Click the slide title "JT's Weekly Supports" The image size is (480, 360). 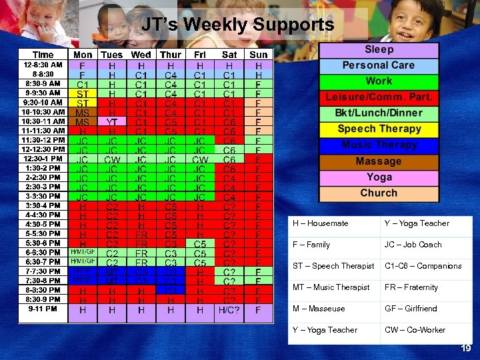click(238, 25)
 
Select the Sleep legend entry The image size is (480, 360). click(379, 49)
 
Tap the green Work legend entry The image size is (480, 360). click(379, 81)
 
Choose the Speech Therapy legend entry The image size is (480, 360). click(379, 129)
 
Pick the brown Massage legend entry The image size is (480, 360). click(379, 161)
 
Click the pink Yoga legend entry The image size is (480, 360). click(379, 177)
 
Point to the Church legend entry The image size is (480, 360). click(379, 193)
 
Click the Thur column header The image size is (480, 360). click(171, 55)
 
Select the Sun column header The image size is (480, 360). click(259, 55)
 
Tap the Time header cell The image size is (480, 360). click(43, 55)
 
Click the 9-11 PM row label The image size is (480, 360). click(43, 309)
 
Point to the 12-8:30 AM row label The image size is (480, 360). click(43, 65)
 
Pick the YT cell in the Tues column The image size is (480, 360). click(112, 122)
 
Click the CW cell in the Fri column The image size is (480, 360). click(200, 159)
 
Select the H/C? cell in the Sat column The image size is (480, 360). click(229, 310)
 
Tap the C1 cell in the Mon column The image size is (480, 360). click(83, 85)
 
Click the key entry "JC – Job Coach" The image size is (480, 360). click(413, 245)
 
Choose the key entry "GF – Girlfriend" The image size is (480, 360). click(411, 309)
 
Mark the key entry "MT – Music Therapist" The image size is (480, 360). click(331, 287)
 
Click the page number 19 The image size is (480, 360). click(466, 348)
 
